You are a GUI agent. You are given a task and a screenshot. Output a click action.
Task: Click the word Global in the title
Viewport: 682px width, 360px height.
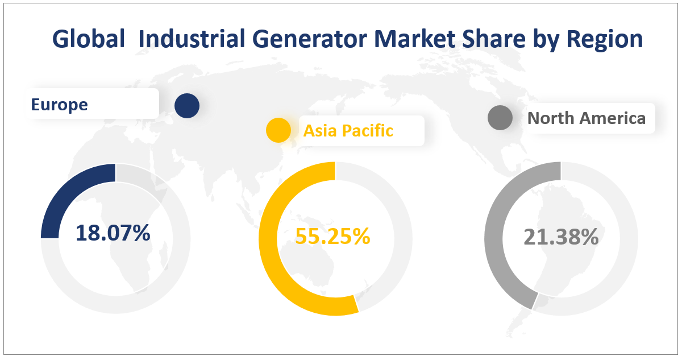click(x=88, y=39)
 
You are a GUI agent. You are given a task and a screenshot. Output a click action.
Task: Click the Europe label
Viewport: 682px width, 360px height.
click(x=59, y=105)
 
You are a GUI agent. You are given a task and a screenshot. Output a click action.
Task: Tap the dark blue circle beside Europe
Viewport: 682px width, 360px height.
click(x=186, y=106)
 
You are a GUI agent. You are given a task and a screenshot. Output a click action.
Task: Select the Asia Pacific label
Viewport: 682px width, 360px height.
click(x=348, y=131)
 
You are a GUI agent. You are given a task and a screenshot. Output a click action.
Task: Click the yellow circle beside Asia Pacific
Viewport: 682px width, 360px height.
click(x=278, y=130)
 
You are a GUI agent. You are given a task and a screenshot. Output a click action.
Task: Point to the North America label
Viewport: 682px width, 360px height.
click(x=586, y=118)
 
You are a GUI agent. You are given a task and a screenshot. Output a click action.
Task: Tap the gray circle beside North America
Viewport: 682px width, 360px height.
click(x=500, y=118)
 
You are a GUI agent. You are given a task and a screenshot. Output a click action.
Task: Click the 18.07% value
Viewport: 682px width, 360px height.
click(x=113, y=233)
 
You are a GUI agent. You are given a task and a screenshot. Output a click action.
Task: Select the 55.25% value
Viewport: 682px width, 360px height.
click(x=332, y=236)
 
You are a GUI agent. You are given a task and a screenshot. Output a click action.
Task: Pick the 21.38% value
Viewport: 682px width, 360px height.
click(x=560, y=237)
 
